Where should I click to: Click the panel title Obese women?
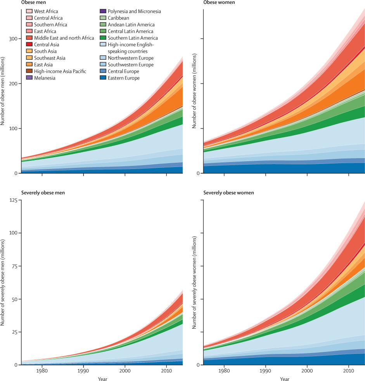click(x=219, y=2)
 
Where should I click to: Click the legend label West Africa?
click(x=46, y=11)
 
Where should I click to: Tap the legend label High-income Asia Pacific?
click(x=60, y=71)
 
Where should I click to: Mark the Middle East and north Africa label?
click(x=64, y=38)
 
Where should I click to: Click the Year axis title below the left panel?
click(x=103, y=379)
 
